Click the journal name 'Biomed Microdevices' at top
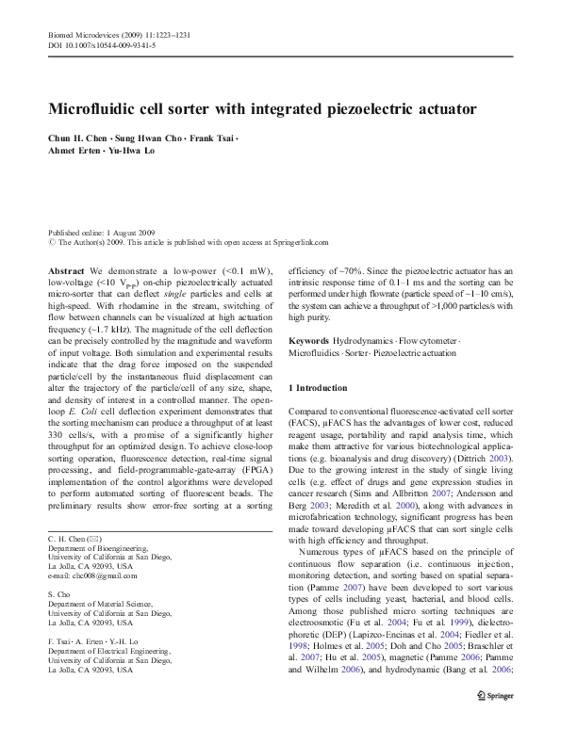point(85,34)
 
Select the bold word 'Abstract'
point(66,270)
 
